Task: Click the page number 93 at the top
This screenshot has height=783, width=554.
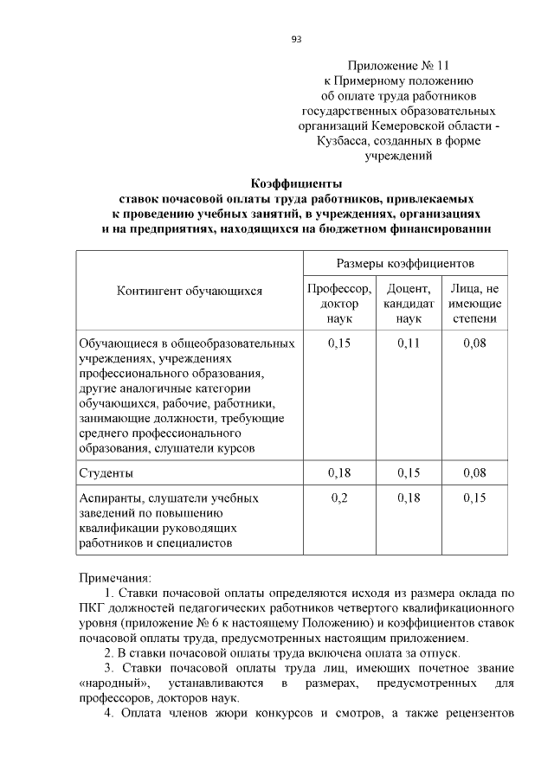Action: (x=295, y=39)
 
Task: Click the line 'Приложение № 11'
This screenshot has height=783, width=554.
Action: (x=398, y=65)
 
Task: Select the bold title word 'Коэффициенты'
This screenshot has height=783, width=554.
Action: (x=296, y=183)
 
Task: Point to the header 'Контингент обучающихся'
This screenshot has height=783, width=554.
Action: (x=189, y=291)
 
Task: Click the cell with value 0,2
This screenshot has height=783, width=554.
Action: (x=339, y=498)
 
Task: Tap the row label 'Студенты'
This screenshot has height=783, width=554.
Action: (x=106, y=473)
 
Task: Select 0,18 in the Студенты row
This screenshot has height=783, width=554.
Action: (x=339, y=473)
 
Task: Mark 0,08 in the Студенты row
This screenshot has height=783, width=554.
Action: (x=474, y=473)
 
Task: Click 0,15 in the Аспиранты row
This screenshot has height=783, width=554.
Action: (x=474, y=498)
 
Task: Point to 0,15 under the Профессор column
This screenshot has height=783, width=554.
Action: (x=339, y=343)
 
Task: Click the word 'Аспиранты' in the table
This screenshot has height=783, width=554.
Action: (x=111, y=498)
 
